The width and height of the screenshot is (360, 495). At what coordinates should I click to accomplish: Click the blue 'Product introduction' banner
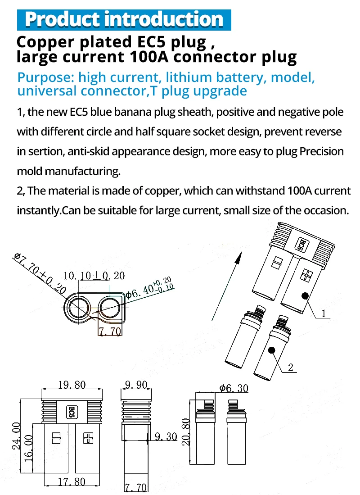pos(124,19)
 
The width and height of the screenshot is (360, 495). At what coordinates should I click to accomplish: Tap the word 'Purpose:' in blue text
pos(45,77)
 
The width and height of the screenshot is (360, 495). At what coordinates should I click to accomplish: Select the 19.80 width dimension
pos(72,385)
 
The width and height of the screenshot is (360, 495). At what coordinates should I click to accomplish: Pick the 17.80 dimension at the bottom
pos(72,481)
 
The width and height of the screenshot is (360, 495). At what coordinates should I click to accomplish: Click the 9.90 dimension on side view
pos(135,385)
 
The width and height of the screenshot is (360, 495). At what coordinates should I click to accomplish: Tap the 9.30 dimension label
pos(165,436)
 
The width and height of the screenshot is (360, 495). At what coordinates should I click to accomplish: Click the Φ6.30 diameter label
pos(233,388)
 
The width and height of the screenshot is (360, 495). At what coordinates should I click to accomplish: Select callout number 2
pos(290,368)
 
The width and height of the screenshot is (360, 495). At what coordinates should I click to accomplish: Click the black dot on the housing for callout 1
pos(305,295)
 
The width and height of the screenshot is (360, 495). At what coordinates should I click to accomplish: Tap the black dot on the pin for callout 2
pos(271,350)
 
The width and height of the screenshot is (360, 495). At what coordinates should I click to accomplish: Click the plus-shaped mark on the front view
pos(88,437)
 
